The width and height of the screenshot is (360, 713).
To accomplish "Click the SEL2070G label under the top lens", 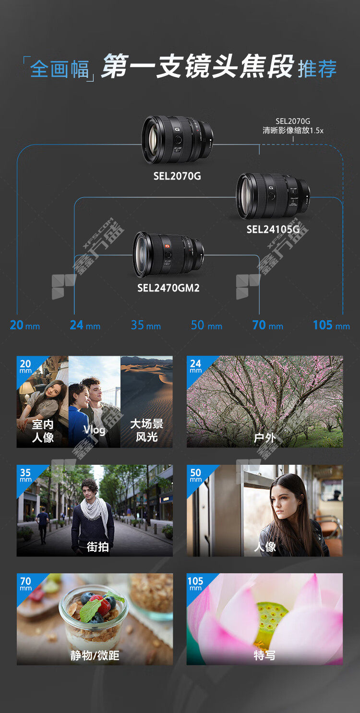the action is click(x=177, y=176).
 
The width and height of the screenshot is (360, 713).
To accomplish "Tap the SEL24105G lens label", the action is click(x=273, y=229).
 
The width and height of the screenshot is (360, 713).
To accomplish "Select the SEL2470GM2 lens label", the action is click(x=168, y=288).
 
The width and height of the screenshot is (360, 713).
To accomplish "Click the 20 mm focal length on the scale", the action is click(x=25, y=325).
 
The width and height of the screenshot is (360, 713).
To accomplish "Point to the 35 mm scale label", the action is click(x=146, y=325).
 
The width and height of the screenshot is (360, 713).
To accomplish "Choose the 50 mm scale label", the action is click(x=206, y=325).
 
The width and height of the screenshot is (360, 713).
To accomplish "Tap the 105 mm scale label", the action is click(x=331, y=325).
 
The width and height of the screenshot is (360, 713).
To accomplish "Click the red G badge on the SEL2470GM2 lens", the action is click(x=167, y=246).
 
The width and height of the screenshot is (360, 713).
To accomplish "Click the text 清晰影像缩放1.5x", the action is click(x=293, y=131).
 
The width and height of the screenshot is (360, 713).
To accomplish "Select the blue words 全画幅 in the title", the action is click(x=60, y=69).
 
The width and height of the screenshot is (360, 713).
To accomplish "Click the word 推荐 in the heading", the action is click(x=317, y=69).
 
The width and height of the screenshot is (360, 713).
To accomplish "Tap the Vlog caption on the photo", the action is click(x=94, y=430).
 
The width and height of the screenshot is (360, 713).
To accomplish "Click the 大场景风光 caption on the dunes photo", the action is click(x=147, y=430).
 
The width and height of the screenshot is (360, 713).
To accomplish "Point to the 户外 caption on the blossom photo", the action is click(x=264, y=438).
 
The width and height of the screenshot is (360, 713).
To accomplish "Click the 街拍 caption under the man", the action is click(x=98, y=547).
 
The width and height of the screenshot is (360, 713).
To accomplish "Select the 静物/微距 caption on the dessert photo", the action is click(x=95, y=655).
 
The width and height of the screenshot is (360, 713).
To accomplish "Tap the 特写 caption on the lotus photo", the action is click(x=264, y=655).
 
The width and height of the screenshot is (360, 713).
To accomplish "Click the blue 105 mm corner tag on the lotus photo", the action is click(x=195, y=583).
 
